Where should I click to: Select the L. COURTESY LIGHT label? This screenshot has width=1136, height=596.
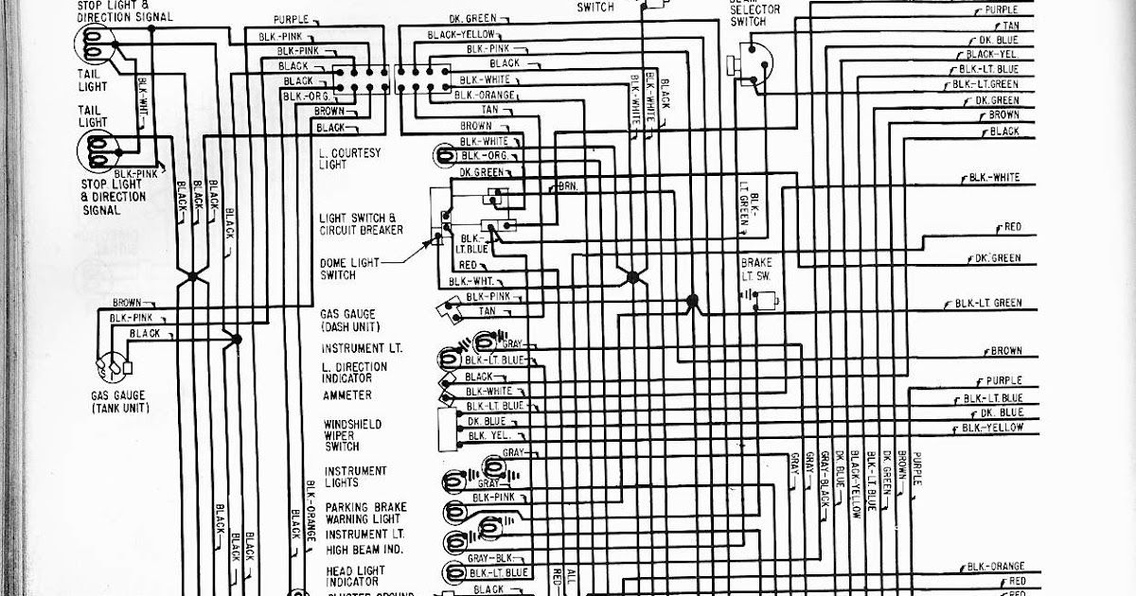pyautogui.click(x=349, y=158)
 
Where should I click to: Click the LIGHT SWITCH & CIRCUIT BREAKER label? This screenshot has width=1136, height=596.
pyautogui.click(x=361, y=224)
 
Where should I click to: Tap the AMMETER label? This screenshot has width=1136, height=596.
pyautogui.click(x=347, y=394)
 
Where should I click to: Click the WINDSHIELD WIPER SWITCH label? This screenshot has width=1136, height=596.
pyautogui.click(x=353, y=435)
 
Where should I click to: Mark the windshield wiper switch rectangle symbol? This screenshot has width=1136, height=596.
pyautogui.click(x=443, y=429)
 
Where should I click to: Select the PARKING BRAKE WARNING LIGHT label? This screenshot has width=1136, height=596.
pyautogui.click(x=365, y=513)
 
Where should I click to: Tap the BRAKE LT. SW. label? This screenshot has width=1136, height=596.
pyautogui.click(x=757, y=268)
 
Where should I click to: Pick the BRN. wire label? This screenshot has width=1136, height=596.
pyautogui.click(x=567, y=186)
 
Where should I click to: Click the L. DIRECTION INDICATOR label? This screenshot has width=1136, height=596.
pyautogui.click(x=354, y=372)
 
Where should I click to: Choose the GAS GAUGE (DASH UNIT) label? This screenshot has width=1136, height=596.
pyautogui.click(x=347, y=320)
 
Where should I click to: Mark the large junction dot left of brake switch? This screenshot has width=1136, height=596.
pyautogui.click(x=692, y=300)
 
